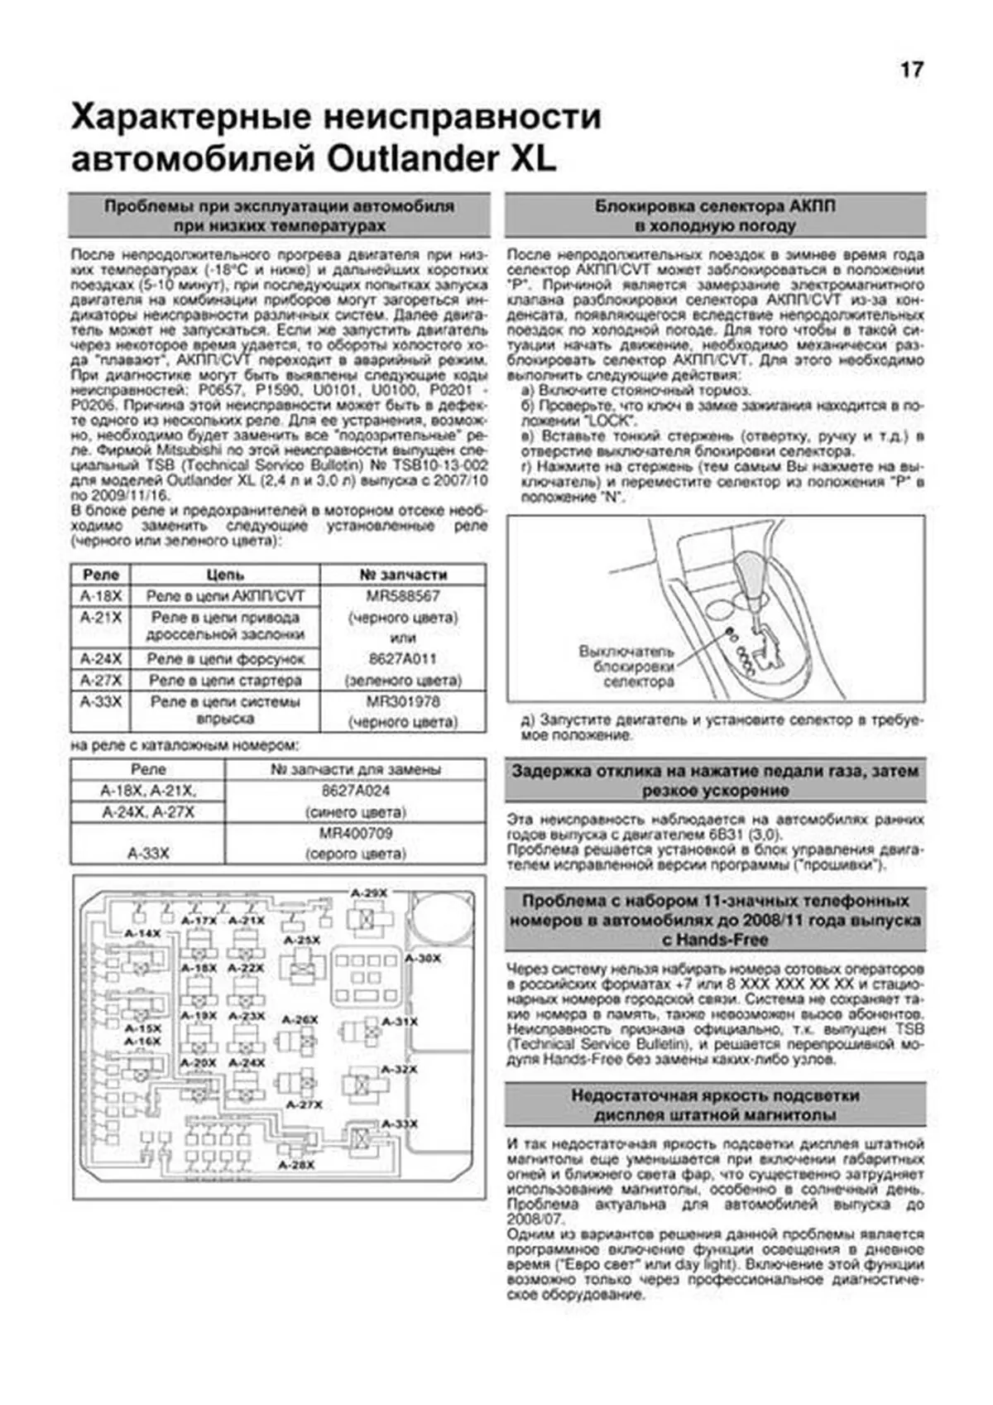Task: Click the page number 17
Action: pos(911,70)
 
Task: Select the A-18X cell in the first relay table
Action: pos(101,596)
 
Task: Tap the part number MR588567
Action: pos(403,596)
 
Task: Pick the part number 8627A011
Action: pos(403,659)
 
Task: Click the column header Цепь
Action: pos(225,575)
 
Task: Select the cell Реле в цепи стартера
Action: pos(225,681)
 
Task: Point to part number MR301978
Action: pos(403,701)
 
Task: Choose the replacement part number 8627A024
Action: pos(356,791)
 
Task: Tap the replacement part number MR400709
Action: pos(356,833)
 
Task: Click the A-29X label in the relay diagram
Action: pos(369,893)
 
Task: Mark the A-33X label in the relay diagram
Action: pos(400,1124)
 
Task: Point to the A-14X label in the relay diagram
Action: pos(142,933)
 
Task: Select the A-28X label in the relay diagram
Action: pos(296,1165)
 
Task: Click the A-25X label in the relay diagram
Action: pos(301,941)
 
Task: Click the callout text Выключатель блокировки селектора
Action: pos(626,666)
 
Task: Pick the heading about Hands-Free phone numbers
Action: pos(715,920)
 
